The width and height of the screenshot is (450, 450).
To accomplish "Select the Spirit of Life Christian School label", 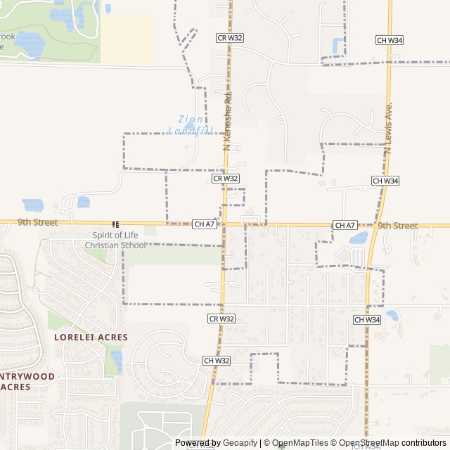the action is click(115, 240).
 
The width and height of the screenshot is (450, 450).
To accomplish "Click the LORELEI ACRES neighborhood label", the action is click(91, 337).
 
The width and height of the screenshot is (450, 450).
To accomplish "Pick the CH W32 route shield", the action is click(217, 360).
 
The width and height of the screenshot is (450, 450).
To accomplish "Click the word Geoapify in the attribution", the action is click(240, 442).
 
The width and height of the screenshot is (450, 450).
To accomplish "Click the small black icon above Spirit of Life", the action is click(115, 224).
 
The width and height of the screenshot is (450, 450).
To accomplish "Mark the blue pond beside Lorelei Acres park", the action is click(117, 360).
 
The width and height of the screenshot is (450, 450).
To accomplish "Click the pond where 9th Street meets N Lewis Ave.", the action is click(358, 238).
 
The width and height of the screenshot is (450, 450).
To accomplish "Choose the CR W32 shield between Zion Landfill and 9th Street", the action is click(226, 179).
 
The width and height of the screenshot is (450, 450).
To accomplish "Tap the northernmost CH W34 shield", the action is click(389, 40).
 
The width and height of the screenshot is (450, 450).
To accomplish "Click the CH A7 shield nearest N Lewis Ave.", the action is click(345, 225).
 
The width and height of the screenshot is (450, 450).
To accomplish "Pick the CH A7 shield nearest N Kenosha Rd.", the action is click(204, 224).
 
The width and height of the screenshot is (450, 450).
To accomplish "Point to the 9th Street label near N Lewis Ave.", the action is click(397, 226).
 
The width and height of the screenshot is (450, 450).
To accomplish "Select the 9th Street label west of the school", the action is click(37, 222).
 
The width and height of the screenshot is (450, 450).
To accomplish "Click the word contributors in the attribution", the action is click(423, 442).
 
